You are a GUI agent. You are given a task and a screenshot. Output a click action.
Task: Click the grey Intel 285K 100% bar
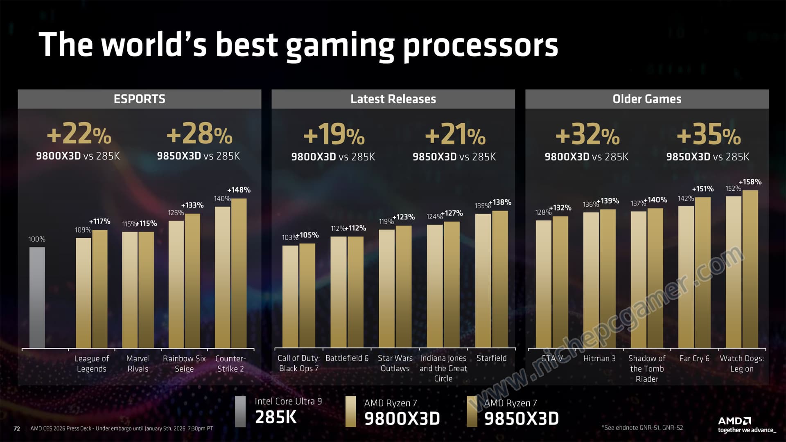pyautogui.click(x=37, y=298)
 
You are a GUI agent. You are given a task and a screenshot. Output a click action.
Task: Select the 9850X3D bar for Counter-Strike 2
pyautogui.click(x=239, y=273)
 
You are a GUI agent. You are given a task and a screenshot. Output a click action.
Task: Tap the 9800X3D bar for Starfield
pyautogui.click(x=483, y=280)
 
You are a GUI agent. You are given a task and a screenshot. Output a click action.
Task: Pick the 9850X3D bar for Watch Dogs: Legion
pyautogui.click(x=750, y=269)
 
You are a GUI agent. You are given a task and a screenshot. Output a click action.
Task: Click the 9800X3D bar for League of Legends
pyautogui.click(x=84, y=293)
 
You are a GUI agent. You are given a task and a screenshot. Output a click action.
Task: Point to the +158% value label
pyautogui.click(x=750, y=182)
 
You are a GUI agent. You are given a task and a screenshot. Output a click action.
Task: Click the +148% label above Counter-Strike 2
pyautogui.click(x=239, y=190)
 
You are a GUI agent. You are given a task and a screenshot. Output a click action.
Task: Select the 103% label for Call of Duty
pyautogui.click(x=289, y=237)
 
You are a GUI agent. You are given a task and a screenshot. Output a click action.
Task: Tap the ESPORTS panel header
pyautogui.click(x=139, y=99)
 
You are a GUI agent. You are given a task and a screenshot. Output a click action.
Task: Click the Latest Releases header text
pyautogui.click(x=393, y=99)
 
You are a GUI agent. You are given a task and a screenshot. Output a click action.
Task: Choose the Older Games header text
pyautogui.click(x=647, y=99)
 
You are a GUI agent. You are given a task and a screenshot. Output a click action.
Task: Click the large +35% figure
pyautogui.click(x=709, y=135)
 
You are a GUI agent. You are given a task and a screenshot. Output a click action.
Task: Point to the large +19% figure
pyautogui.click(x=334, y=135)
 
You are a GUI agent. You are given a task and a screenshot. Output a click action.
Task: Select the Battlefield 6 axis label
pyautogui.click(x=347, y=358)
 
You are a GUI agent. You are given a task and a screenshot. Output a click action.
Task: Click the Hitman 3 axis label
pyautogui.click(x=599, y=358)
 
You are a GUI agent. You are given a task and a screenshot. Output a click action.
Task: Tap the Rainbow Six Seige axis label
pyautogui.click(x=184, y=363)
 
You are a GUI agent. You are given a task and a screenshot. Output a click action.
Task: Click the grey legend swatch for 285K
pyautogui.click(x=240, y=411)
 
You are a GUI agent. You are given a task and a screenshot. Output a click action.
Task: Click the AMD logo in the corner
pyautogui.click(x=734, y=421)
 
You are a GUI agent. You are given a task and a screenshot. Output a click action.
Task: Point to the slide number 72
pyautogui.click(x=17, y=428)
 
